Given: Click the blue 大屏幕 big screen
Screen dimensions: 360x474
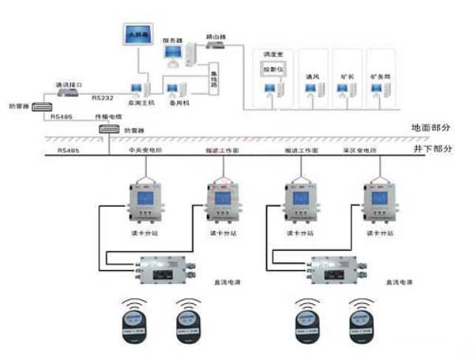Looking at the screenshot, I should point(138,36).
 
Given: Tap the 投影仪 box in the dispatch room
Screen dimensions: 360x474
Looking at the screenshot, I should point(271,70).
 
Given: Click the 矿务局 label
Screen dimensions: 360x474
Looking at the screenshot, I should point(381,77).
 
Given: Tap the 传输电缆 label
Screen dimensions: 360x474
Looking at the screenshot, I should point(107,116).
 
